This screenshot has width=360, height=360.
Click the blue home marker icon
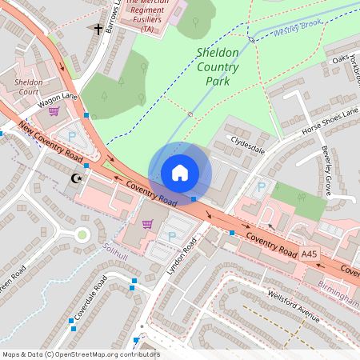tap(180, 173)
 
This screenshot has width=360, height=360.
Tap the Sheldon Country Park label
tap(218, 66)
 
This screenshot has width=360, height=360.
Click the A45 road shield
tap(310, 254)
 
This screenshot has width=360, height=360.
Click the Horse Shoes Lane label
tap(329, 120)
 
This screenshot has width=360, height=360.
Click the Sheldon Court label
tap(29, 86)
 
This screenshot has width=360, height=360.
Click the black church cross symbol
tap(99, 30)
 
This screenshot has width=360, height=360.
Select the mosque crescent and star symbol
tap(77, 178)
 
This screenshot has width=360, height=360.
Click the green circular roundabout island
tap(82, 235)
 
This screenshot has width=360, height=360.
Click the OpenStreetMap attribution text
tap(81, 354)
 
